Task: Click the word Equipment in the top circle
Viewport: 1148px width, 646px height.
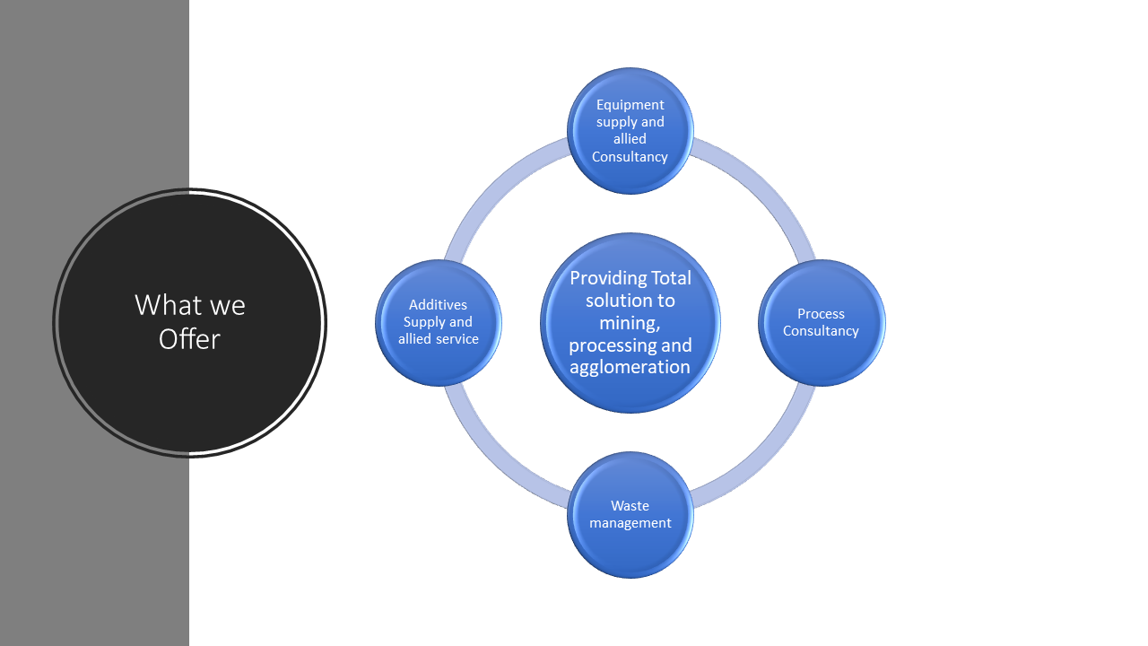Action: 631,105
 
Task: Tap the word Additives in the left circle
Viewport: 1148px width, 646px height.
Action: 438,305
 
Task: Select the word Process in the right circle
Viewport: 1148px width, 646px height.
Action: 821,314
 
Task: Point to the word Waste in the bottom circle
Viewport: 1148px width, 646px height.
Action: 630,506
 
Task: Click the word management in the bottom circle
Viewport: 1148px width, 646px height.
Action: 631,523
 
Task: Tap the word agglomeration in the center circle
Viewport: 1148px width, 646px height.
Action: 631,367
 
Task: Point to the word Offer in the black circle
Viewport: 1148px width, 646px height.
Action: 189,339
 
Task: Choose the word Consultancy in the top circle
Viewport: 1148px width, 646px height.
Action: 630,157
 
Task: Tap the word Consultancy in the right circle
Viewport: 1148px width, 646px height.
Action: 821,331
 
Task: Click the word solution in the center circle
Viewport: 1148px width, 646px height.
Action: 618,301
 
